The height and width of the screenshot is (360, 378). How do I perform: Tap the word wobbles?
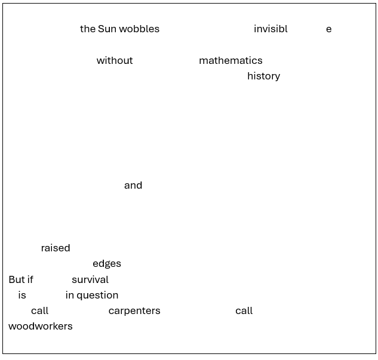[139, 29]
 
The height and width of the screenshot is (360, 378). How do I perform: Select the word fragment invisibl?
[271, 29]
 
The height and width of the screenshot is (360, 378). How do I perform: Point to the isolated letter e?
[328, 29]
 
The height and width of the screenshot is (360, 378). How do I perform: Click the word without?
[115, 60]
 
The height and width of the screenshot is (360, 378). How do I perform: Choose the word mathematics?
[231, 60]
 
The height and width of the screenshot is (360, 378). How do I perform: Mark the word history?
[263, 76]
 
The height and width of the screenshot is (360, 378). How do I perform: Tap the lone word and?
[133, 185]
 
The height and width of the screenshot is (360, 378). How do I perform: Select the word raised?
[56, 248]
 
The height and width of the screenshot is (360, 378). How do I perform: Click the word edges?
[107, 264]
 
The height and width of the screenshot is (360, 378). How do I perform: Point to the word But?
[17, 279]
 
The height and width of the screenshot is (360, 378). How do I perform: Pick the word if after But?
[30, 279]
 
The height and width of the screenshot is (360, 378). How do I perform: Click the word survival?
[90, 279]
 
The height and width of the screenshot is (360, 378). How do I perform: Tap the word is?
[22, 295]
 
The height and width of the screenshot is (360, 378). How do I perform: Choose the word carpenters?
[134, 311]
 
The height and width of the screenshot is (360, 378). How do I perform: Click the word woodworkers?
[41, 326]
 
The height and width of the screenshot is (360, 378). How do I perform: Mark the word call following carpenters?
[244, 310]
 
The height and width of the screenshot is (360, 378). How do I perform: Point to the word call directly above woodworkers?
[39, 310]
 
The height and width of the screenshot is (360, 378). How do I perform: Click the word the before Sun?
[88, 29]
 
